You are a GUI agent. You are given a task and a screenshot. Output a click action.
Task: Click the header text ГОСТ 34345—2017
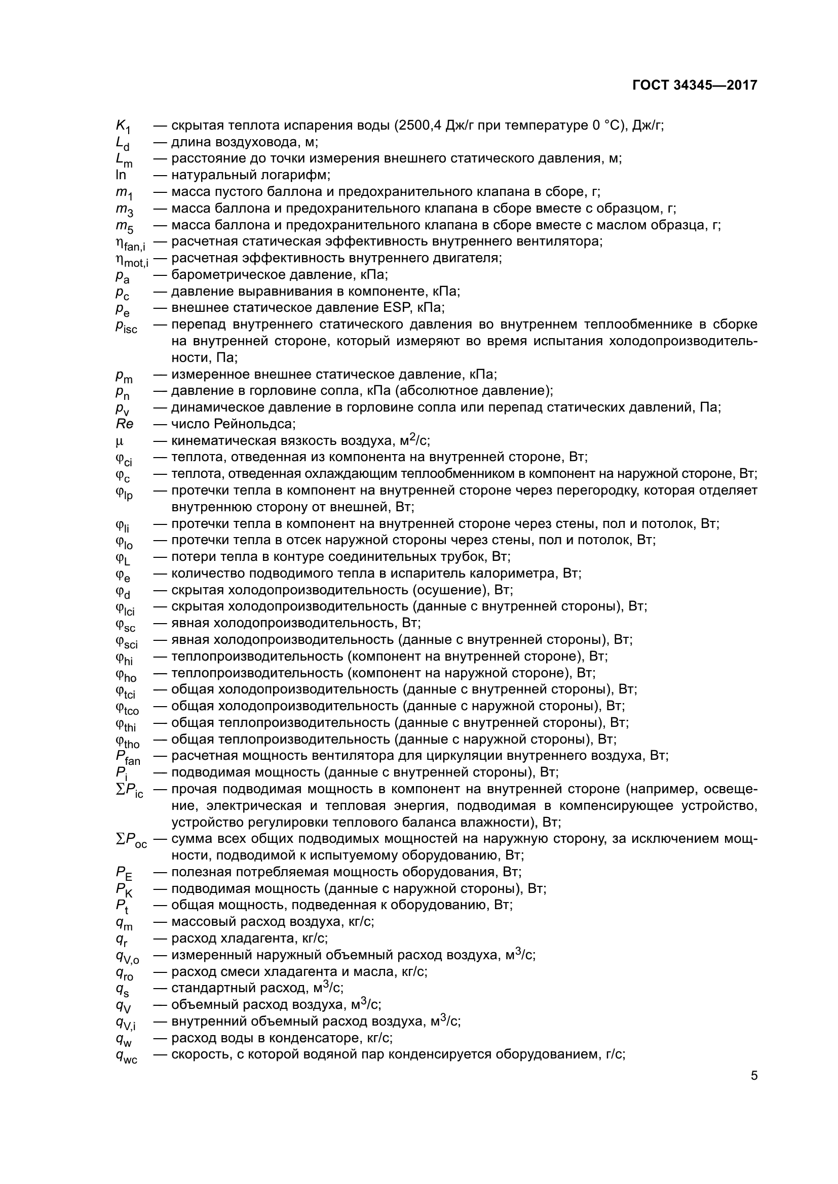pyautogui.click(x=695, y=85)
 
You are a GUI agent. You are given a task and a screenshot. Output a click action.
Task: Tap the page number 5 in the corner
pyautogui.click(x=754, y=1076)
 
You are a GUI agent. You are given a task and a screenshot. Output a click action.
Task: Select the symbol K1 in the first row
pyautogui.click(x=123, y=127)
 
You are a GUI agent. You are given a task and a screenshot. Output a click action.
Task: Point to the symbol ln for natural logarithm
pyautogui.click(x=121, y=175)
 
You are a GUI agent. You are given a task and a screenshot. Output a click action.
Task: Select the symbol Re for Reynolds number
pyautogui.click(x=124, y=424)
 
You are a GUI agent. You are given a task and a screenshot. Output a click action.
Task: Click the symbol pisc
pyautogui.click(x=127, y=326)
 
